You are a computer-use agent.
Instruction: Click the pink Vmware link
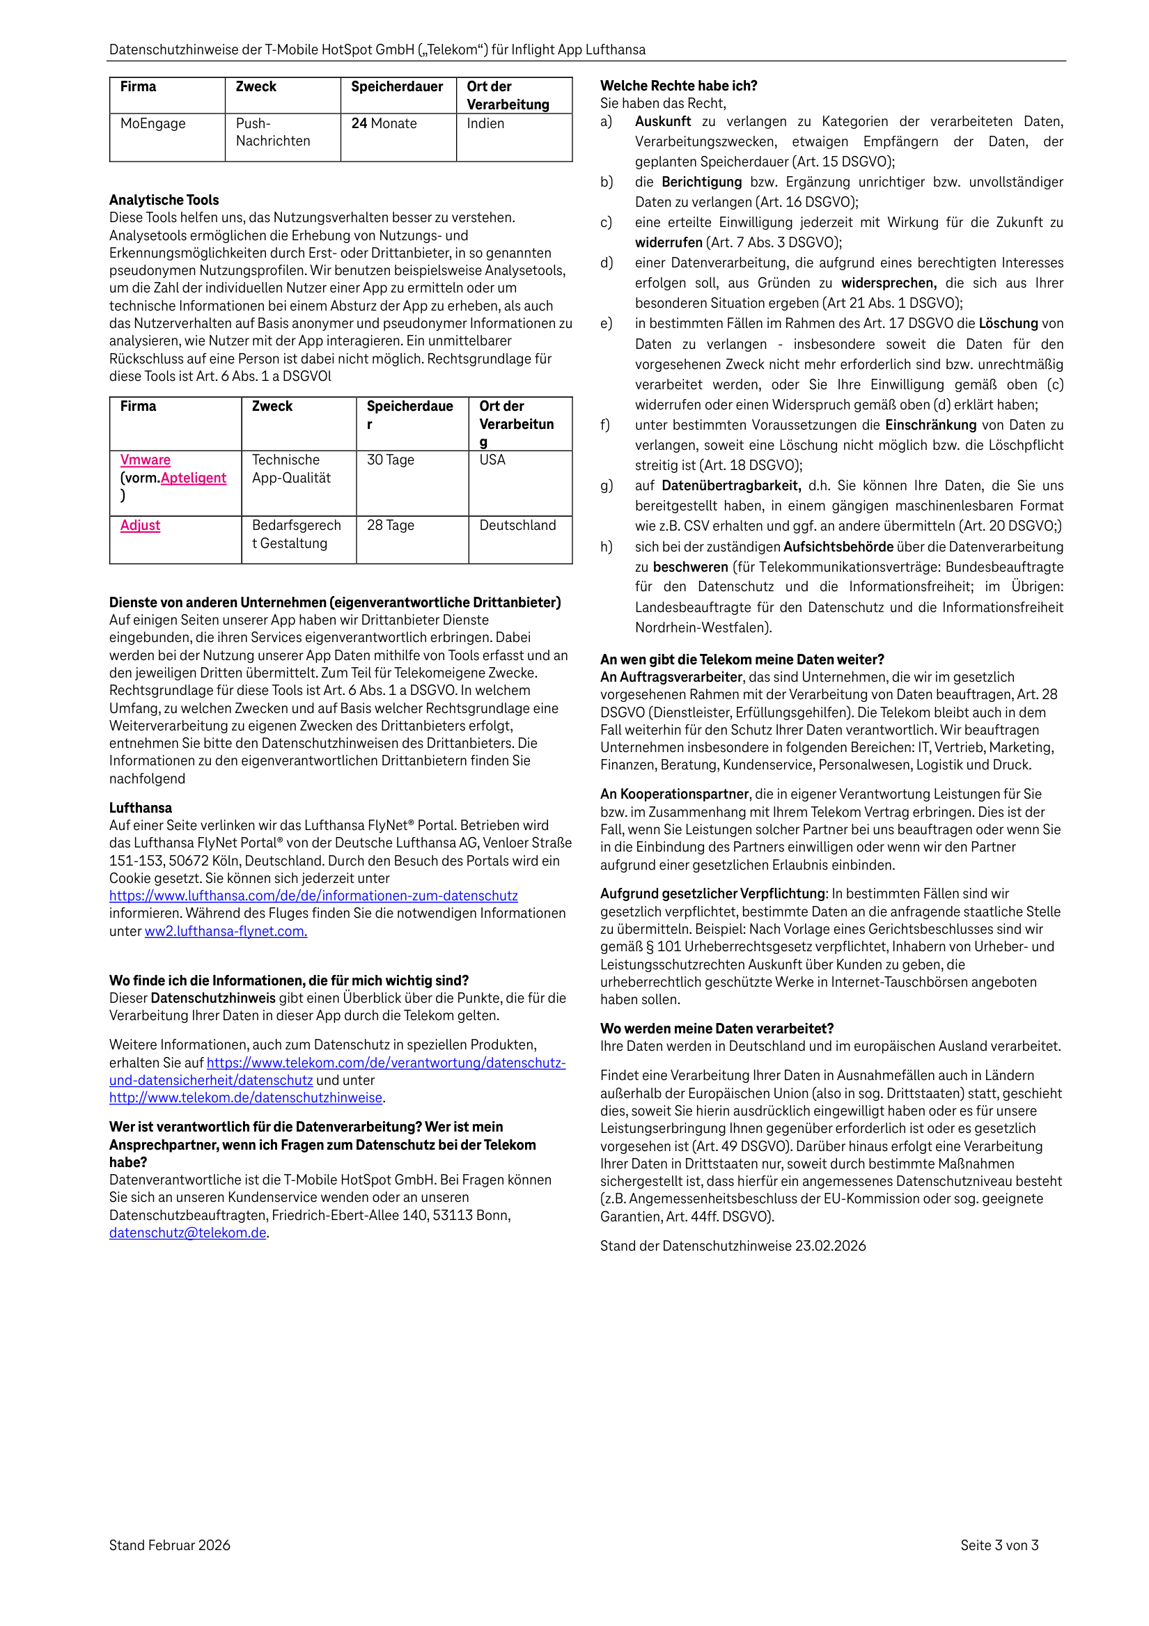[x=146, y=460]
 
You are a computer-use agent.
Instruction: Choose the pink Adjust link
[x=140, y=526]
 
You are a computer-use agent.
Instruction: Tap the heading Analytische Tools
[x=164, y=201]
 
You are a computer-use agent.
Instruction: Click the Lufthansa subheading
[x=140, y=808]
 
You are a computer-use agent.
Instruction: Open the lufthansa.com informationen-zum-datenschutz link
[x=313, y=896]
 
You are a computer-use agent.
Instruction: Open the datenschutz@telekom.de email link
[x=188, y=1233]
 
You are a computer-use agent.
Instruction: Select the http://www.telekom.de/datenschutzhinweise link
[x=246, y=1097]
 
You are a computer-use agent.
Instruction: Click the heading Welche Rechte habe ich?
[x=678, y=86]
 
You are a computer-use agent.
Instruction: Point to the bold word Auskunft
[x=662, y=122]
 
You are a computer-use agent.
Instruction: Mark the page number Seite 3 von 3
[x=999, y=1545]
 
